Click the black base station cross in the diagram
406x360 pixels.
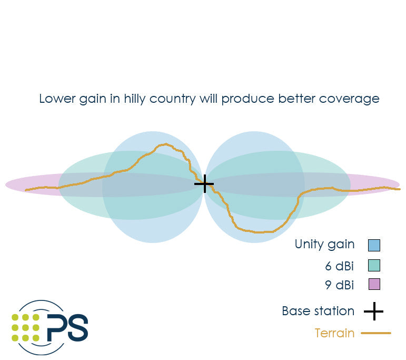click(204, 184)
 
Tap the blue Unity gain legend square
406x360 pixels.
click(374, 245)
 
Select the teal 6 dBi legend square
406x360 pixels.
click(374, 266)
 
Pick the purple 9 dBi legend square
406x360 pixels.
click(374, 284)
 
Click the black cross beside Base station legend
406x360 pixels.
click(374, 311)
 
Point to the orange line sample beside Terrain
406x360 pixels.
click(376, 333)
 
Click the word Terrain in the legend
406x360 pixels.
click(334, 333)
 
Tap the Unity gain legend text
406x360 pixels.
click(324, 245)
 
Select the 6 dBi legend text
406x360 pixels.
click(339, 266)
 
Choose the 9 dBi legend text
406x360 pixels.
click(339, 285)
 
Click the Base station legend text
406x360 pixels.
click(318, 311)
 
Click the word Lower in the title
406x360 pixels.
click(57, 99)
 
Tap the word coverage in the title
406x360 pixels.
click(349, 100)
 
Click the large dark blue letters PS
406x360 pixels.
click(67, 327)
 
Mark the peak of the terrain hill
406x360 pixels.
click(166, 144)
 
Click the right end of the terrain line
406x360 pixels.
click(400, 189)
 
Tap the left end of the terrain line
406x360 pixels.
click(26, 190)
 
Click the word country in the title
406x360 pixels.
click(172, 100)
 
